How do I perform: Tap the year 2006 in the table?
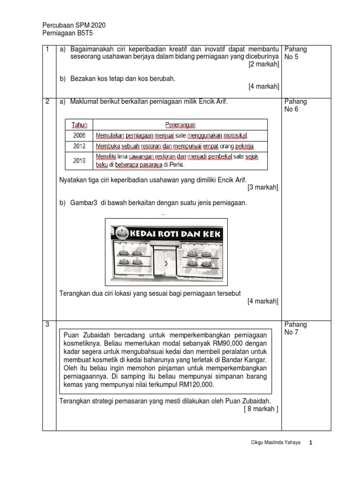(79, 135)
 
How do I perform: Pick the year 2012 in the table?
(79, 146)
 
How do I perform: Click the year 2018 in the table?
(79, 160)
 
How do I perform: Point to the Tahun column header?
(79, 125)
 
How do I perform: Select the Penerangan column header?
(180, 125)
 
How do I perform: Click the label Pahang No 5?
(296, 53)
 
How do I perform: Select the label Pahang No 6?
(296, 105)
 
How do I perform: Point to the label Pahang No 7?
(296, 329)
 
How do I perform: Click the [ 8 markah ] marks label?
(261, 409)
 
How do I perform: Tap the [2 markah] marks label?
(263, 64)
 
